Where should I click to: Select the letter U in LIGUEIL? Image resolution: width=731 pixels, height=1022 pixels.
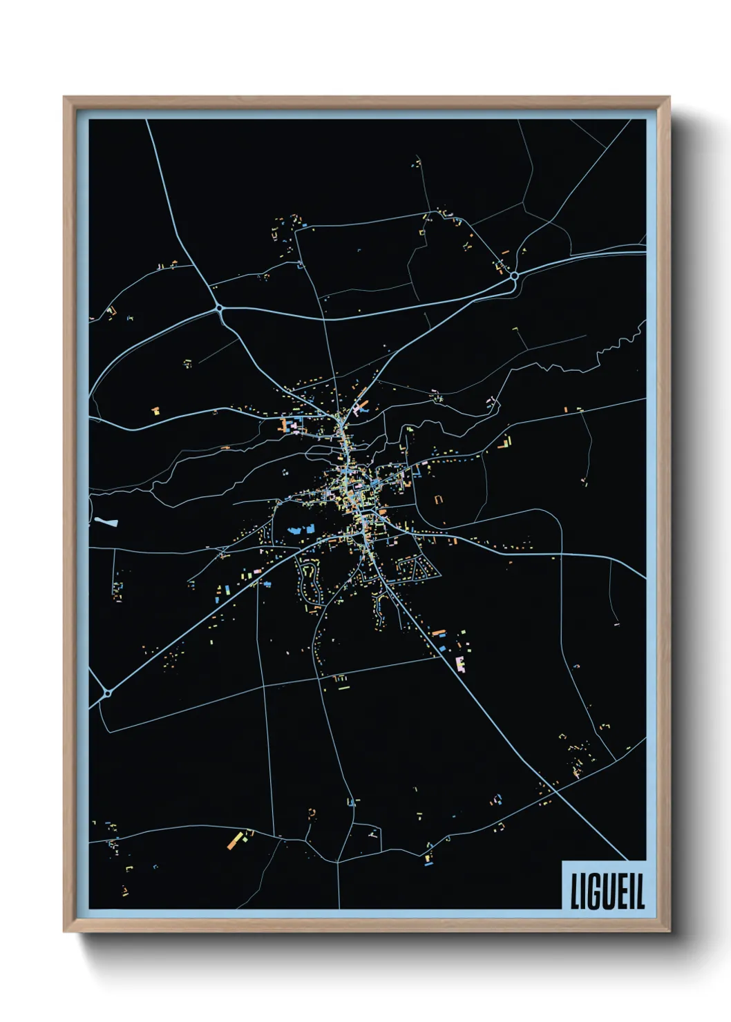point(608,892)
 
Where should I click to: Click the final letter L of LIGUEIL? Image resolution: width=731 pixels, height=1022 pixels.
point(640,892)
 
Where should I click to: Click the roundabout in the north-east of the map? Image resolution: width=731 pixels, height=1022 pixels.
point(514,276)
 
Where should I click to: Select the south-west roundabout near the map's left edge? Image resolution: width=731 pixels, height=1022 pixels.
point(108,693)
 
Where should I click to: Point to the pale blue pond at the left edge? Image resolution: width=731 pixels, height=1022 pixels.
point(107,522)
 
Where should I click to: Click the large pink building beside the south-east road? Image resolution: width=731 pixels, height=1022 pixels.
point(460,664)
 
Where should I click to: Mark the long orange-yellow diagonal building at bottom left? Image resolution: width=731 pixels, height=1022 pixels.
point(236,840)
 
